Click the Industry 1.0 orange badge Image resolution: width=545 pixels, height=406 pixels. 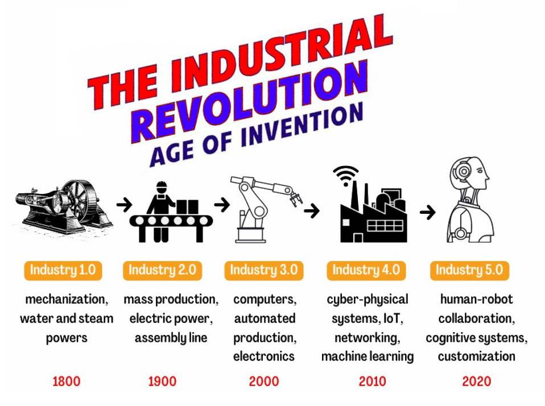point(63,270)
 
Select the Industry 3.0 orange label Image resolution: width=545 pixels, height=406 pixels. point(264,270)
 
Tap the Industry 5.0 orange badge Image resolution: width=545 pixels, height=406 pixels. point(469,270)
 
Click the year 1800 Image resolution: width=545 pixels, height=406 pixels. point(67,381)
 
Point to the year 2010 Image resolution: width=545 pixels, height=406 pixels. point(372,381)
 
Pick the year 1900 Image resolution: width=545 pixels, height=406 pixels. point(162,381)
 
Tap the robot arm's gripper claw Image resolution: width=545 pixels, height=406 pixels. point(296,199)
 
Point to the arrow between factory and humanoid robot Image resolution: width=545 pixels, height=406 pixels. point(427,212)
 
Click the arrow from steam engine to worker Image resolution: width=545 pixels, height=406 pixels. point(124,204)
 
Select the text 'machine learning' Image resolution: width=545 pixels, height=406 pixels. point(368,357)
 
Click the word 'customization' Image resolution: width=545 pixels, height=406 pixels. point(477,357)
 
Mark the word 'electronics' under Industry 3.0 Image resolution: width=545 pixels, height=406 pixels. point(264,357)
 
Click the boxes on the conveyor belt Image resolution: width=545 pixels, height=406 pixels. point(187,206)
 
